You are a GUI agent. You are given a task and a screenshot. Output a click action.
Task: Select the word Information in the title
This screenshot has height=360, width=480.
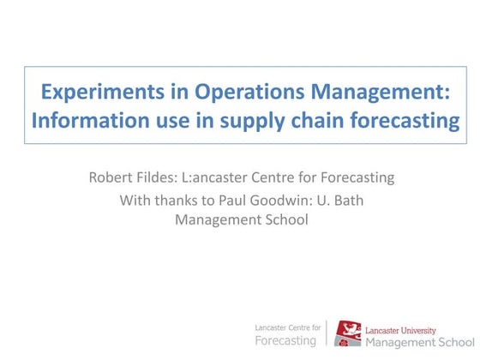(x=83, y=121)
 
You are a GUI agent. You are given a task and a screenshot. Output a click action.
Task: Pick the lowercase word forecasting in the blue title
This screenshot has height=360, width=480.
(x=402, y=121)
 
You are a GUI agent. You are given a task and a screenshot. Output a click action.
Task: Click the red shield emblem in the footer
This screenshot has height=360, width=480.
(x=347, y=333)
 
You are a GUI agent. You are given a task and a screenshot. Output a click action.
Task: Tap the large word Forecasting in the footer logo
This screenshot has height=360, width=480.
(x=286, y=340)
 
